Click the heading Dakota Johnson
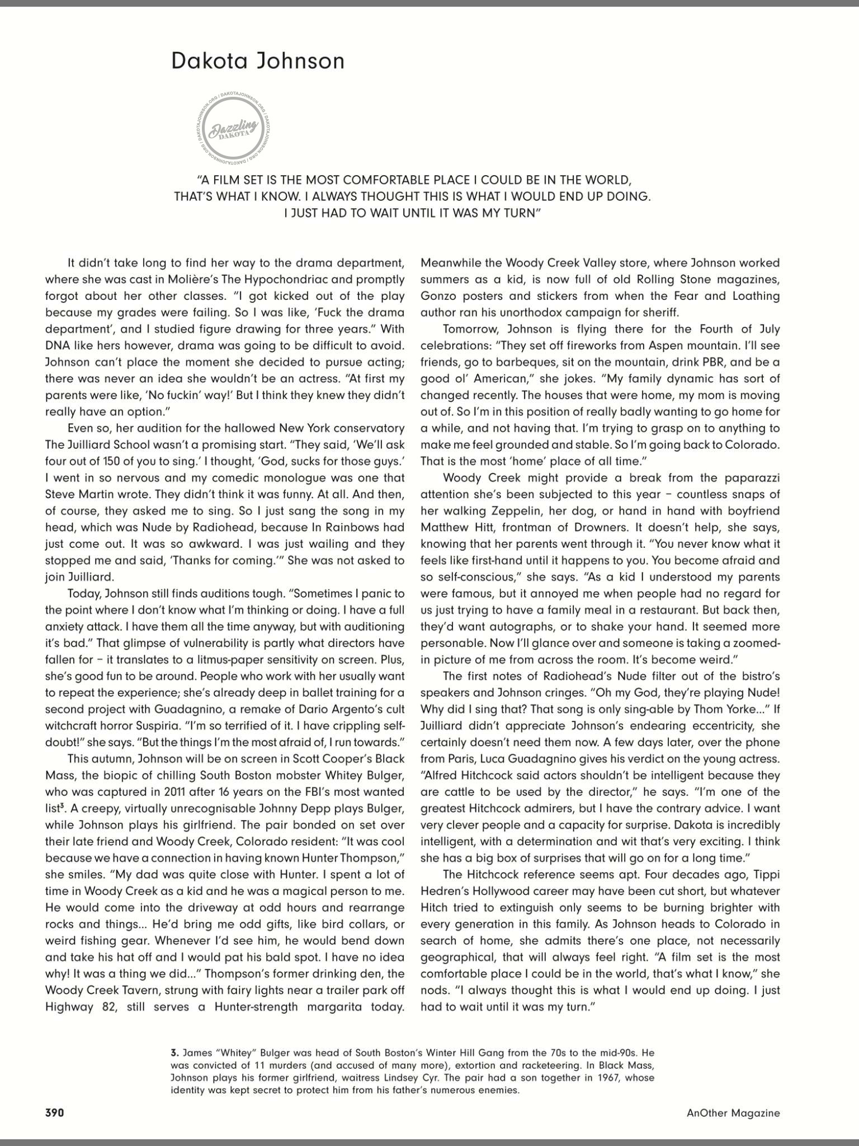258,60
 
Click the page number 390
55,1112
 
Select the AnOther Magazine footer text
733,1112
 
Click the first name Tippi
763,875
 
